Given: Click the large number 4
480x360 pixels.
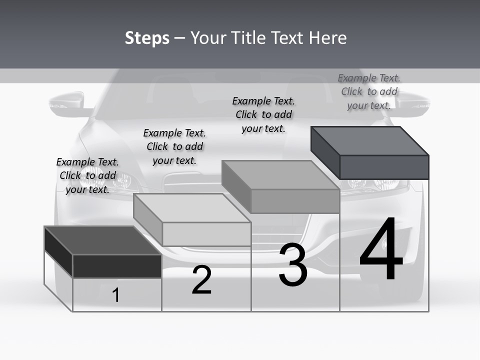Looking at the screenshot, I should [x=381, y=250].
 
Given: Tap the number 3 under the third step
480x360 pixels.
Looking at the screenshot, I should [x=293, y=265].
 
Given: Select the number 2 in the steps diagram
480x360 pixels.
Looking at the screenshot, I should [x=201, y=280].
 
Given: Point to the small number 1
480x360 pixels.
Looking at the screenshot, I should [x=116, y=295].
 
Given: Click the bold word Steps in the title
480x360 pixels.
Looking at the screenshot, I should [x=147, y=38].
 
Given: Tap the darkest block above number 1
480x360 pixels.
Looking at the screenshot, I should [x=102, y=252].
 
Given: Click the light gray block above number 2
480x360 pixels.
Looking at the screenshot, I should [x=192, y=220].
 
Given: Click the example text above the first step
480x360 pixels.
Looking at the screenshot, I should [x=87, y=175].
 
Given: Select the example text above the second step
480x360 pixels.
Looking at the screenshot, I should [x=174, y=146].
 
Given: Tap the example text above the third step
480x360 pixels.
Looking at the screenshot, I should [x=263, y=114].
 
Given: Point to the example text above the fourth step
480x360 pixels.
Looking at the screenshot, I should [x=369, y=91].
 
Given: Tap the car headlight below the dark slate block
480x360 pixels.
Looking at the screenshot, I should [x=380, y=184].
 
